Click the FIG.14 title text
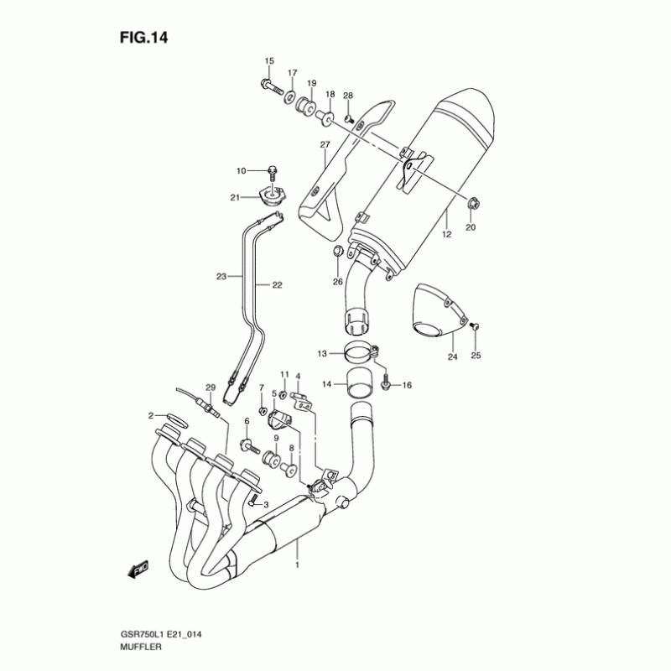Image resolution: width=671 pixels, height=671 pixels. tap(151, 37)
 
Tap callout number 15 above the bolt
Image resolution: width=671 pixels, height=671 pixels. tap(269, 61)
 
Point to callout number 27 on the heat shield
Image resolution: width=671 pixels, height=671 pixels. tap(325, 145)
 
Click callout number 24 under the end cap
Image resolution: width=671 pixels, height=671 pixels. tap(452, 357)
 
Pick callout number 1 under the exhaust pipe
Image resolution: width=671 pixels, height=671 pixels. tap(296, 565)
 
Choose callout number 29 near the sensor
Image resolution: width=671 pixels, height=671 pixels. tap(211, 386)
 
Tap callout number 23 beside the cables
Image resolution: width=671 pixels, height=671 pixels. tap(221, 276)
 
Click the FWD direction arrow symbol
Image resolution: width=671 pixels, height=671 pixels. tap(138, 570)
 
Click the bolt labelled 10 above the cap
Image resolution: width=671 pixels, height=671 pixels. tap(273, 171)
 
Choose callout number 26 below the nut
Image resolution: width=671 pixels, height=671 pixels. tap(337, 282)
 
